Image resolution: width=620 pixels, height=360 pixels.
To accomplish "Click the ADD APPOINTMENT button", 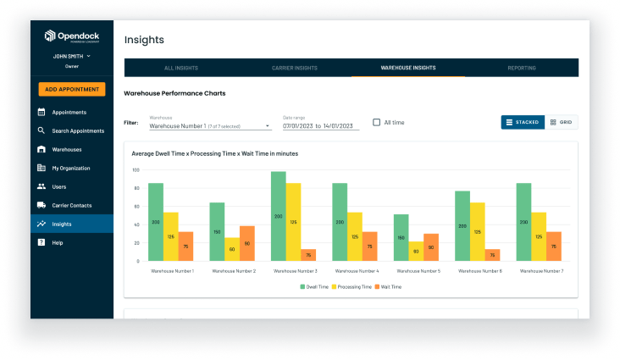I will [x=71, y=89].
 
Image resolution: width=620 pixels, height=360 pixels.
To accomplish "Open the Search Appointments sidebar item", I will [x=77, y=130].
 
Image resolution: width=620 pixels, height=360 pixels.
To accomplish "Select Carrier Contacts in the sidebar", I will [x=71, y=205].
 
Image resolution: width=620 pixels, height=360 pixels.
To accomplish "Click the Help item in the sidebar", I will [x=57, y=242].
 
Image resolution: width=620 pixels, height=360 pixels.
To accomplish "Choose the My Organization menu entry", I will [x=70, y=168].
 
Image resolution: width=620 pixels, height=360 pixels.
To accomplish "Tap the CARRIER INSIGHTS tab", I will [x=295, y=68].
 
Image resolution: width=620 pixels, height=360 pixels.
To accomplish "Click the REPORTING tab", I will [x=521, y=68].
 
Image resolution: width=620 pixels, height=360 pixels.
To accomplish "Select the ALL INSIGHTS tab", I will [x=180, y=68].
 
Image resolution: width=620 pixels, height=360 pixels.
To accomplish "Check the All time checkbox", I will [x=377, y=122].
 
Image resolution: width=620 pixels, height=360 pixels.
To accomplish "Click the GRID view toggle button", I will [x=561, y=122].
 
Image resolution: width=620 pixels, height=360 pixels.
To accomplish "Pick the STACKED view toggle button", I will [x=522, y=122].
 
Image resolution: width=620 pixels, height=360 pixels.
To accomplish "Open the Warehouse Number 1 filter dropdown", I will [x=209, y=125].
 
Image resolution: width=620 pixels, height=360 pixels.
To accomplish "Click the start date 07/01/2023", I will [x=297, y=125].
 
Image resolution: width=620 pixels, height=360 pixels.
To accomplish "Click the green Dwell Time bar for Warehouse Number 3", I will [x=278, y=216].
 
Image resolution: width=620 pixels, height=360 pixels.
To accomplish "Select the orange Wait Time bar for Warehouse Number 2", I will [x=246, y=243].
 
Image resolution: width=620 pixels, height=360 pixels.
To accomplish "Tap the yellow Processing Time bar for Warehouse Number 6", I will [x=477, y=231].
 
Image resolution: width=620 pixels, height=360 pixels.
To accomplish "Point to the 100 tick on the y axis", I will [x=135, y=169].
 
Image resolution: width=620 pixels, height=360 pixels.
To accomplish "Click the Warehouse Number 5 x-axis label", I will [x=418, y=271].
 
